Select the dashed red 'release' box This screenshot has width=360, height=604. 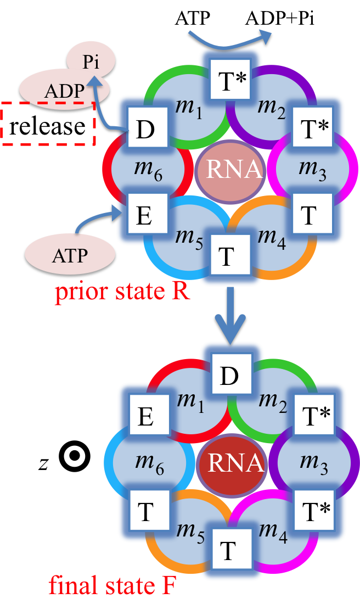[48, 125]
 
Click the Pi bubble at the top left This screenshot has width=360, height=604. [91, 61]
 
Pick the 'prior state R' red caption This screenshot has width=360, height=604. [122, 291]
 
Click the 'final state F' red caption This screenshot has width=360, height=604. [112, 586]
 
